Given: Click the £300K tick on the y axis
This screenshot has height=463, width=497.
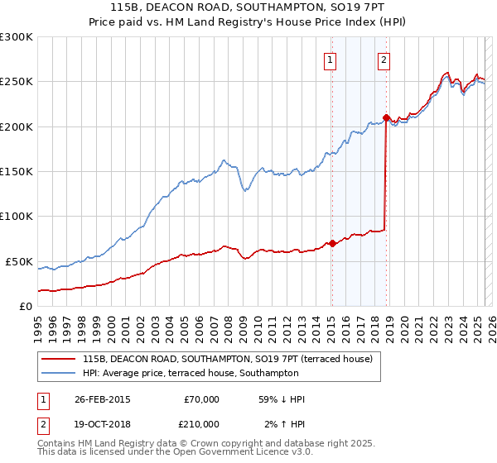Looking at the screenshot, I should tap(17, 37).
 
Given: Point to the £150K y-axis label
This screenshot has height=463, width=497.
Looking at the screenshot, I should tap(17, 172).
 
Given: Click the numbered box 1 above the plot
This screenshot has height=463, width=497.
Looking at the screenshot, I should tap(331, 59).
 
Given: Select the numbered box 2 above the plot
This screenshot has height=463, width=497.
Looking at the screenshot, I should tap(384, 59).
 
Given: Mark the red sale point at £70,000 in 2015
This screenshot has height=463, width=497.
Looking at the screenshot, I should tap(332, 243).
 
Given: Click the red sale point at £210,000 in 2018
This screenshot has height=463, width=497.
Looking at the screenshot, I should tap(386, 117).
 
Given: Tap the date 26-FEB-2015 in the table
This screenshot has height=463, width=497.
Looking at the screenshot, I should tap(102, 399).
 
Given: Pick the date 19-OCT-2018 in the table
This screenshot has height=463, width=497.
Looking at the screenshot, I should tap(102, 424).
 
